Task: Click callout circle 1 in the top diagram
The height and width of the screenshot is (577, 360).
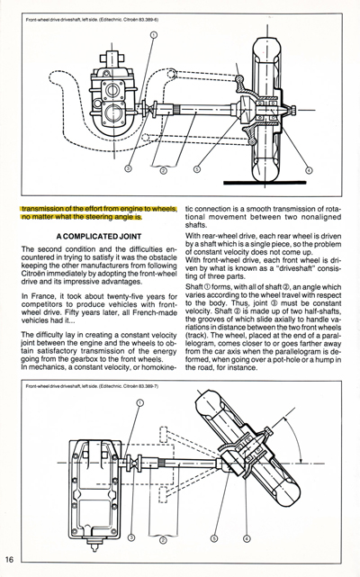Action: (x=154, y=35)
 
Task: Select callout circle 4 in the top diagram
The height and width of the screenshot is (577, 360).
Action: (x=309, y=168)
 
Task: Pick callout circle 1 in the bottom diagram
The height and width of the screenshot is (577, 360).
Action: (x=139, y=404)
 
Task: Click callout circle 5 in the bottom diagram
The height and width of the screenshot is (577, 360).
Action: (x=213, y=537)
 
